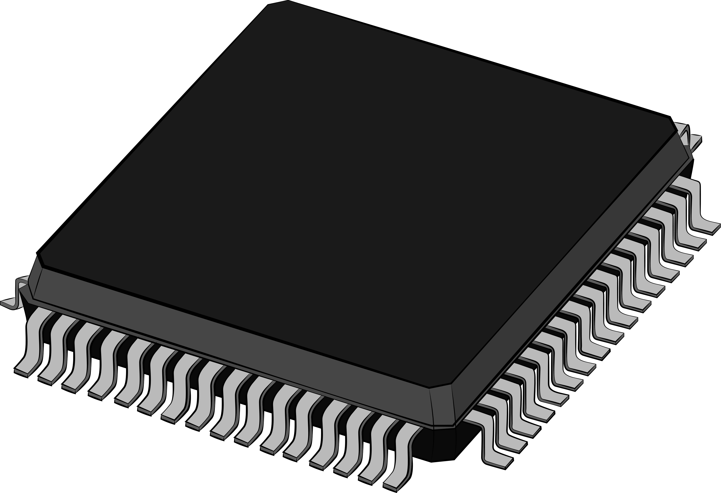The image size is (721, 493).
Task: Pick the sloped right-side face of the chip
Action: click(574, 279)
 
